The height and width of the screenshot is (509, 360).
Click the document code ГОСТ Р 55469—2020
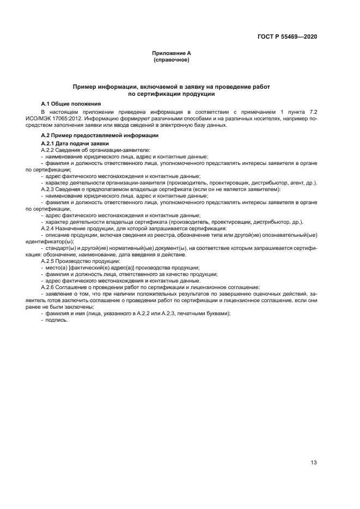point(287,37)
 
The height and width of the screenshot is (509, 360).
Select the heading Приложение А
point(172,53)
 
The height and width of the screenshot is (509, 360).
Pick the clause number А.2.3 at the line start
point(50,189)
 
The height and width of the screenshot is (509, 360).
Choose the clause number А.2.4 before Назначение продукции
point(50,228)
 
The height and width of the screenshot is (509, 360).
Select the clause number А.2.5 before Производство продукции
point(50,261)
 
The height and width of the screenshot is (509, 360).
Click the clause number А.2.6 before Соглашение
point(50,287)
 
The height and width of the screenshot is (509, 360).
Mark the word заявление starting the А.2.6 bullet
point(60,293)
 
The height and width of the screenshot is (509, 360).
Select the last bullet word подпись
point(57,320)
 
